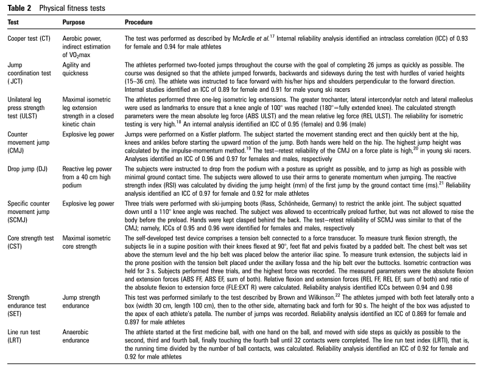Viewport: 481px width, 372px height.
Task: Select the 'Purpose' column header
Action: coord(77,22)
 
